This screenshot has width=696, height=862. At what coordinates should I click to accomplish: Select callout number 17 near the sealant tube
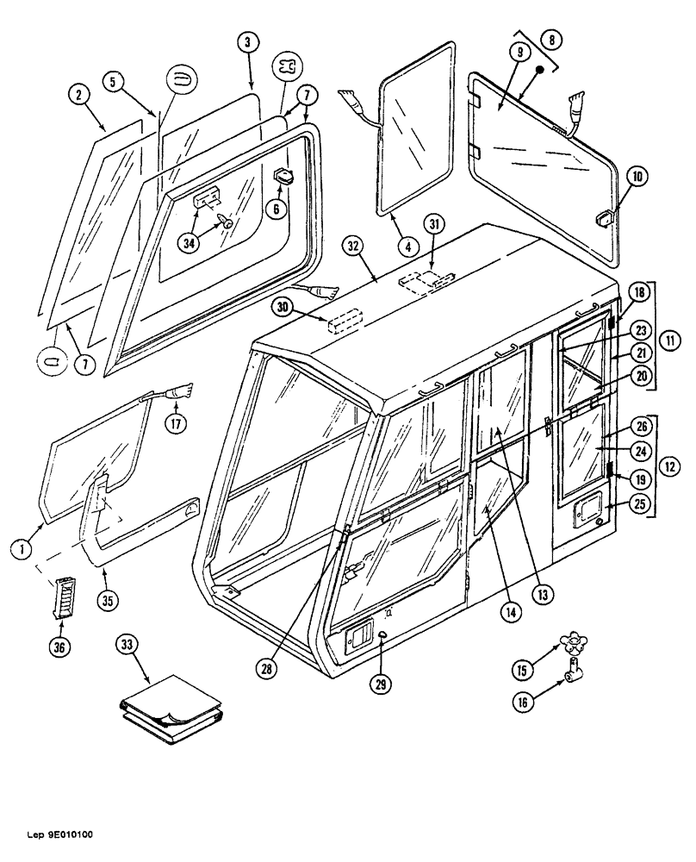point(177,424)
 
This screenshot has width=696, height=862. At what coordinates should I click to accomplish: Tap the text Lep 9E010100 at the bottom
point(53,834)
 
